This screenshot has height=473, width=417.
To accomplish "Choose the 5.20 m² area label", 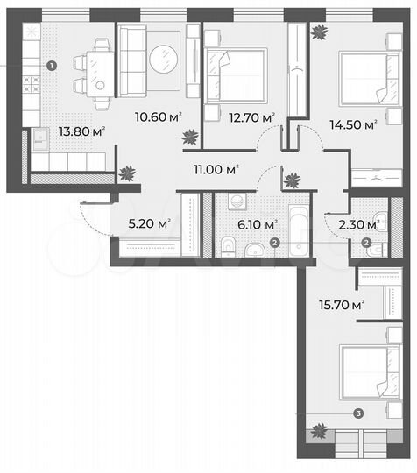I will click(146, 222).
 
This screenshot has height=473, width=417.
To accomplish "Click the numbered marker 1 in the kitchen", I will click(52, 65).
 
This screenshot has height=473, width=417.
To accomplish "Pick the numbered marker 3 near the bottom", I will click(357, 413).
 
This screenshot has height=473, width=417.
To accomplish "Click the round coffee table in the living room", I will click(163, 60).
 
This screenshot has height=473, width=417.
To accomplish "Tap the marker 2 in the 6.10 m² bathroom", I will click(274, 244).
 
